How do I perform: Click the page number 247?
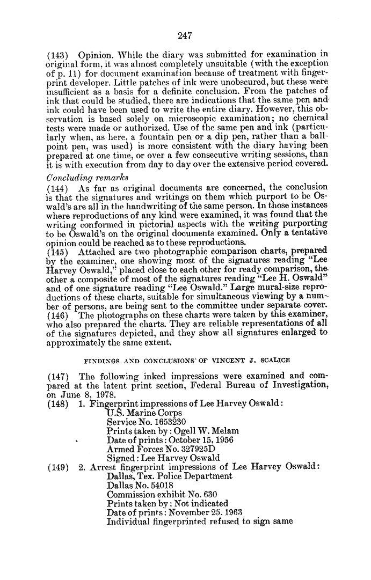tap(185, 36)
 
